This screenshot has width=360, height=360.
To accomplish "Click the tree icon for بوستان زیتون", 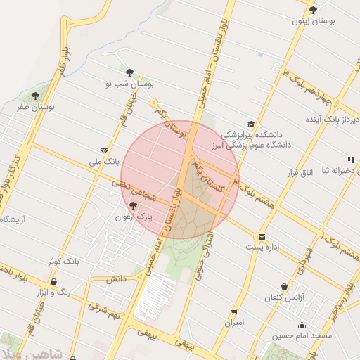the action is [313, 10].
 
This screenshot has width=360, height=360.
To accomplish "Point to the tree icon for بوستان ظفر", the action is [35, 96].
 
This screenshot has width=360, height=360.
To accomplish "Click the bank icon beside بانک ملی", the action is [105, 150].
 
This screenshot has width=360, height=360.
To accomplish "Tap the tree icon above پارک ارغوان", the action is [134, 205].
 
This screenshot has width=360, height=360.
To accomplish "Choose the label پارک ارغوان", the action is [134, 217].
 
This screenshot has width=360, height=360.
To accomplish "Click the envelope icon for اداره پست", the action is [262, 236].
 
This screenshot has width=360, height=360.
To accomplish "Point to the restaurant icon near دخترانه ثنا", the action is [350, 160].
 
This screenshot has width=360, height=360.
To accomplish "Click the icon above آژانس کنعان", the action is [284, 287].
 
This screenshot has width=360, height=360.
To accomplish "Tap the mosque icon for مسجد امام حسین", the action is [302, 325].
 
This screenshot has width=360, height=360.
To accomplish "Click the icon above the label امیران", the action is [234, 311].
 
